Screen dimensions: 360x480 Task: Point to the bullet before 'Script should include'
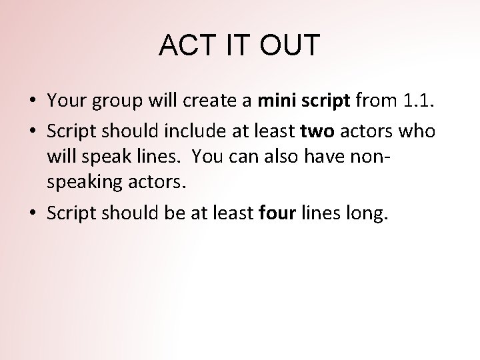(32, 132)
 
